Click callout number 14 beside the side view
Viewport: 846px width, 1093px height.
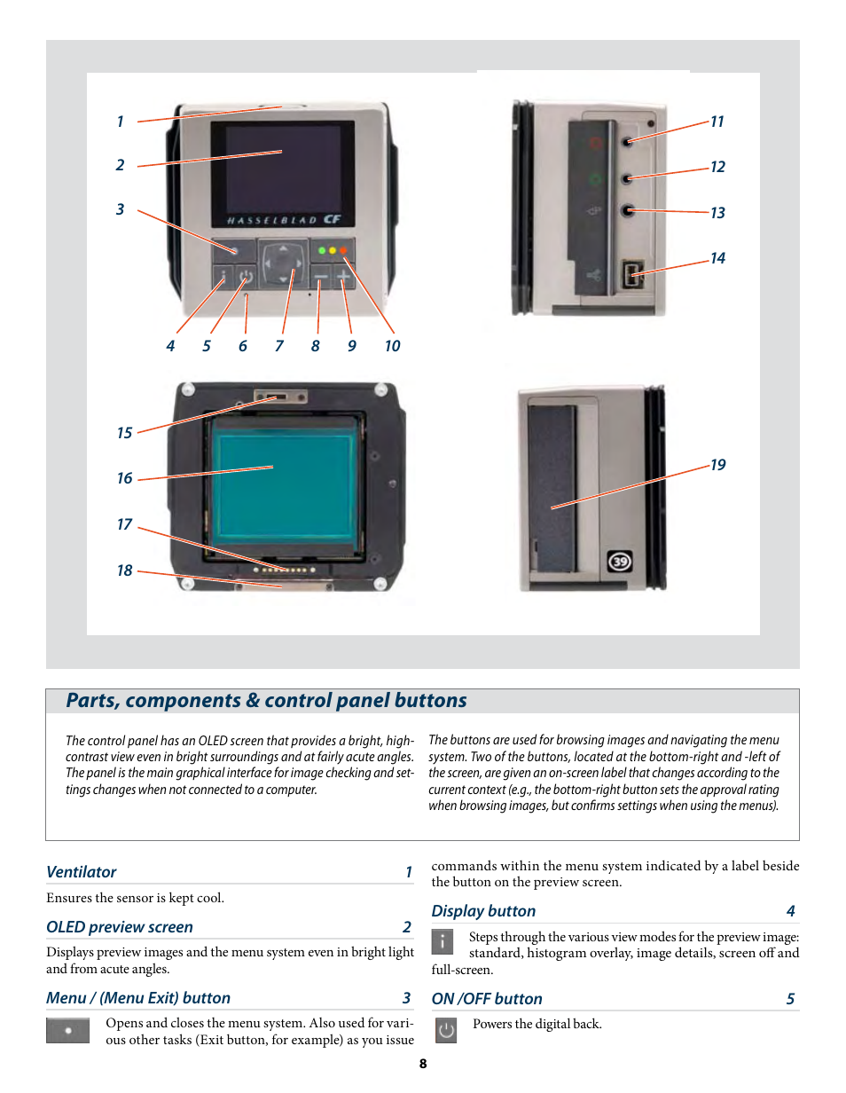point(717,258)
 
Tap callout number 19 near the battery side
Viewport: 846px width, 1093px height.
point(717,465)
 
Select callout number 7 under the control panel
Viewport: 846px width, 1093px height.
point(278,346)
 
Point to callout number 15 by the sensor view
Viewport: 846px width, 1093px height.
point(124,433)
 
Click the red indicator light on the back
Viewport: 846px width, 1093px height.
point(343,251)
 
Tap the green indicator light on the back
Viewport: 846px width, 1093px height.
point(322,251)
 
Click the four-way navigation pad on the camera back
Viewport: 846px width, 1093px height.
point(283,262)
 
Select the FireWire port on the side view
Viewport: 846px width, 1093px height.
point(634,273)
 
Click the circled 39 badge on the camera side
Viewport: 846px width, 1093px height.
point(620,562)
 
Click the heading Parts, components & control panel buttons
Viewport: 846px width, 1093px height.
point(266,701)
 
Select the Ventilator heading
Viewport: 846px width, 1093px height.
point(82,872)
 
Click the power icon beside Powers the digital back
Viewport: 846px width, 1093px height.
point(446,1030)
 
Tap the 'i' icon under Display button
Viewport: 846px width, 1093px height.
point(443,941)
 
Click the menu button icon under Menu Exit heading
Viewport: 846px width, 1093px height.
point(67,1031)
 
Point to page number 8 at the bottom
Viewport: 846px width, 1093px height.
point(423,1064)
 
